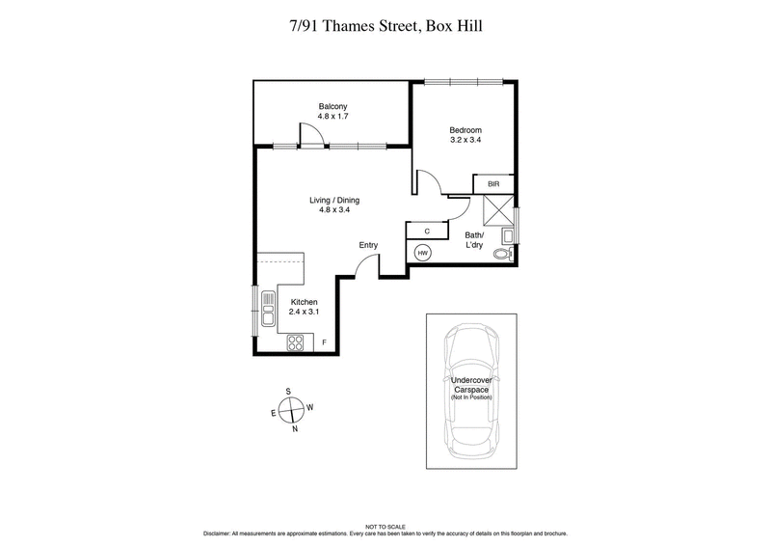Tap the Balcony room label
[332, 106]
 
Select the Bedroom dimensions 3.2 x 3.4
[465, 140]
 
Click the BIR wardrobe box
[493, 184]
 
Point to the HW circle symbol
[422, 253]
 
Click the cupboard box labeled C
[427, 231]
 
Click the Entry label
[368, 245]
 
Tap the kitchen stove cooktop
[296, 342]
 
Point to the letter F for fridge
[324, 343]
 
